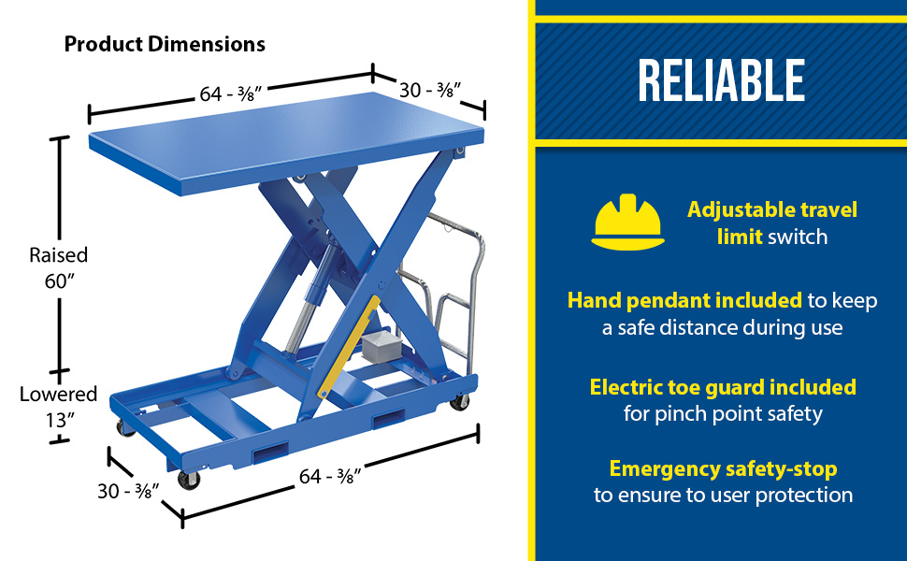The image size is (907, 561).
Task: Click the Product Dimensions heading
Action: (x=165, y=44)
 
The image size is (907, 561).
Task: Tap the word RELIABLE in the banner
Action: (x=721, y=80)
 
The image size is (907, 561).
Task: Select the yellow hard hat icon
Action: (x=627, y=223)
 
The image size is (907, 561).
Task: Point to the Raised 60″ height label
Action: (x=59, y=267)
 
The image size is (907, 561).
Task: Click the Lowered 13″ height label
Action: (x=58, y=407)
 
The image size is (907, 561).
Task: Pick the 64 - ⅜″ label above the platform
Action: (x=231, y=93)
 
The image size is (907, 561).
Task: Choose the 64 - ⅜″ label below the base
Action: (x=330, y=476)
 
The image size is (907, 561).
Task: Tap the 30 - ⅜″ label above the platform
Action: (x=430, y=90)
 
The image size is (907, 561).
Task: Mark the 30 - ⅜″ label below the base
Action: (x=128, y=491)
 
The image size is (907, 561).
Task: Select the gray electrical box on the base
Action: (x=380, y=345)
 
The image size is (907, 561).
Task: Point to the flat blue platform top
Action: (x=286, y=142)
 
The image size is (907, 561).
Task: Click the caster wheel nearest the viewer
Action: (x=189, y=480)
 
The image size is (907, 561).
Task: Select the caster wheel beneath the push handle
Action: (x=460, y=403)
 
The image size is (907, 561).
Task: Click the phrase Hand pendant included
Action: (x=684, y=301)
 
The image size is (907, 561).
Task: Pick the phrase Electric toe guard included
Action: (x=723, y=387)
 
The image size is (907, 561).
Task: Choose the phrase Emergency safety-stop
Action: (x=723, y=469)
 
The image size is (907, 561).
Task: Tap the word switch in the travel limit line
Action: (x=798, y=237)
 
